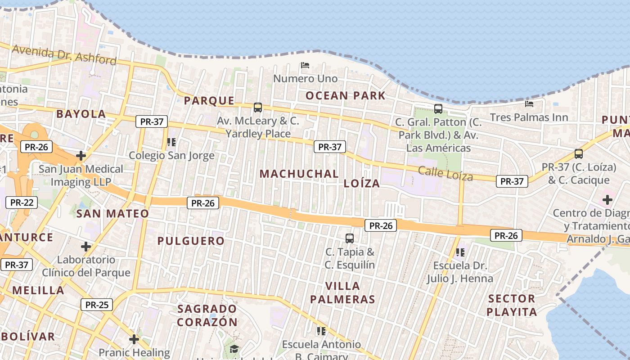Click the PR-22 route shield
pos(22,202)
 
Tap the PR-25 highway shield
pos(97,305)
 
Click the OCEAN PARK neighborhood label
pos(345,95)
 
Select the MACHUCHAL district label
pos(299,174)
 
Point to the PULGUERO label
pos(191,241)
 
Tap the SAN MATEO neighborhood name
pos(112,214)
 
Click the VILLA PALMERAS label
pos(349,292)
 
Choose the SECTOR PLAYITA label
pos(512,305)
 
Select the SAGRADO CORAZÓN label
pos(207,315)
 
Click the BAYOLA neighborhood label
pos(81,114)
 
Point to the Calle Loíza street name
pos(445,173)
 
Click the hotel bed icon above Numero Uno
pos(305,65)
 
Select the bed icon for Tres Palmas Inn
pos(529,104)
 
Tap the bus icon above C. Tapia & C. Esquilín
pos(350,238)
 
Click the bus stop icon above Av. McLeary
pos(258,108)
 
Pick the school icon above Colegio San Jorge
pos(171,142)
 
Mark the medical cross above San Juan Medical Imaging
pos(81,156)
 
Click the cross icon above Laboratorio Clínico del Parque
pos(86,247)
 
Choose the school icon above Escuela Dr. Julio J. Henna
pos(460,252)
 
